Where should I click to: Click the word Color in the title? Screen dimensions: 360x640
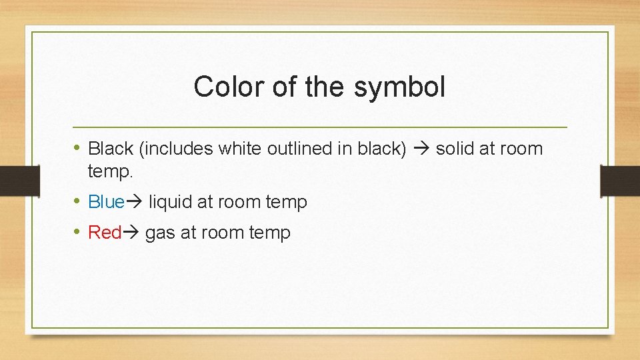click(223, 87)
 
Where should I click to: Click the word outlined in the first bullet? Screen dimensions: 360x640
click(299, 148)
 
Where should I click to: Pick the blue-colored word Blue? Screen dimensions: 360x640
click(106, 201)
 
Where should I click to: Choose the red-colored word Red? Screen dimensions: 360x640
click(104, 232)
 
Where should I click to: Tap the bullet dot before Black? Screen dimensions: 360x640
click(78, 147)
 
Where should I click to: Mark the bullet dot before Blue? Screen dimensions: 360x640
click(78, 201)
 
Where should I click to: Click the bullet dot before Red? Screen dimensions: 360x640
click(78, 231)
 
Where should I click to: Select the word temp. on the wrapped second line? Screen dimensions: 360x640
click(111, 172)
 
